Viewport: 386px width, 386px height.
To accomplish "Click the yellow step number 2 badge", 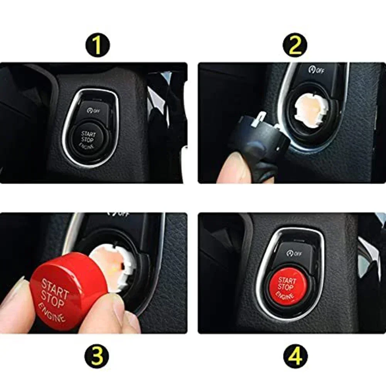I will [295, 45].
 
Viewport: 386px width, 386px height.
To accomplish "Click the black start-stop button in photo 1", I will [88, 139].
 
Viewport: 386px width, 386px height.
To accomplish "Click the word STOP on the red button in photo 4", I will [286, 288].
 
